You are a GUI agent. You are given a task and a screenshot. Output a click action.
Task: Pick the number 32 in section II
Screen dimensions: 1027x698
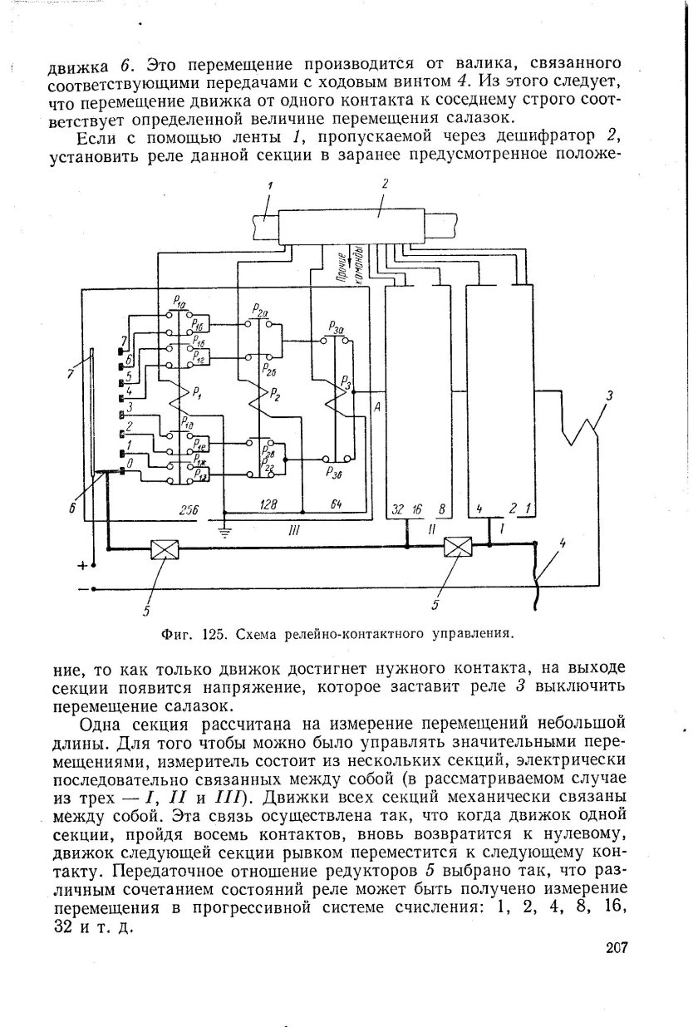pyautogui.click(x=396, y=509)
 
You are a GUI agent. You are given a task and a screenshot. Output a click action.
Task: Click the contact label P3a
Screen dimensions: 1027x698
pyautogui.click(x=336, y=329)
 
